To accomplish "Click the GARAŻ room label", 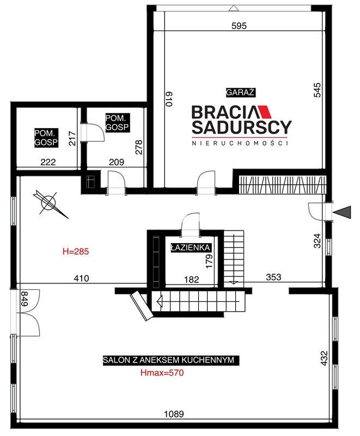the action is click(240, 92).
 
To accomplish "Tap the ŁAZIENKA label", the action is click(191, 247).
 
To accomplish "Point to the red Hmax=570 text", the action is click(162, 373).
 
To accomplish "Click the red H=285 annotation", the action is click(76, 252).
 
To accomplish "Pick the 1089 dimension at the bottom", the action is click(174, 414).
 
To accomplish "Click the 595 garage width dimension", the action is click(239, 26).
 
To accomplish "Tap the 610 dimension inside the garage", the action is click(169, 99).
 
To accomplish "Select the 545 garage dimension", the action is click(317, 90).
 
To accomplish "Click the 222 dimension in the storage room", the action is click(48, 162).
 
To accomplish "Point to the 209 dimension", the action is click(117, 162).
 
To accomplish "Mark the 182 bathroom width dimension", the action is click(192, 280).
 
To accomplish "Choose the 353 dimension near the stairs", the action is click(273, 277).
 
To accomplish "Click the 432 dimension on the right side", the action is click(324, 358).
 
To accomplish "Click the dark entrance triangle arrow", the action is click(342, 213).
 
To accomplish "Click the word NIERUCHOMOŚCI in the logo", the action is click(240, 143).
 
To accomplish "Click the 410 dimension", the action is click(81, 278).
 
